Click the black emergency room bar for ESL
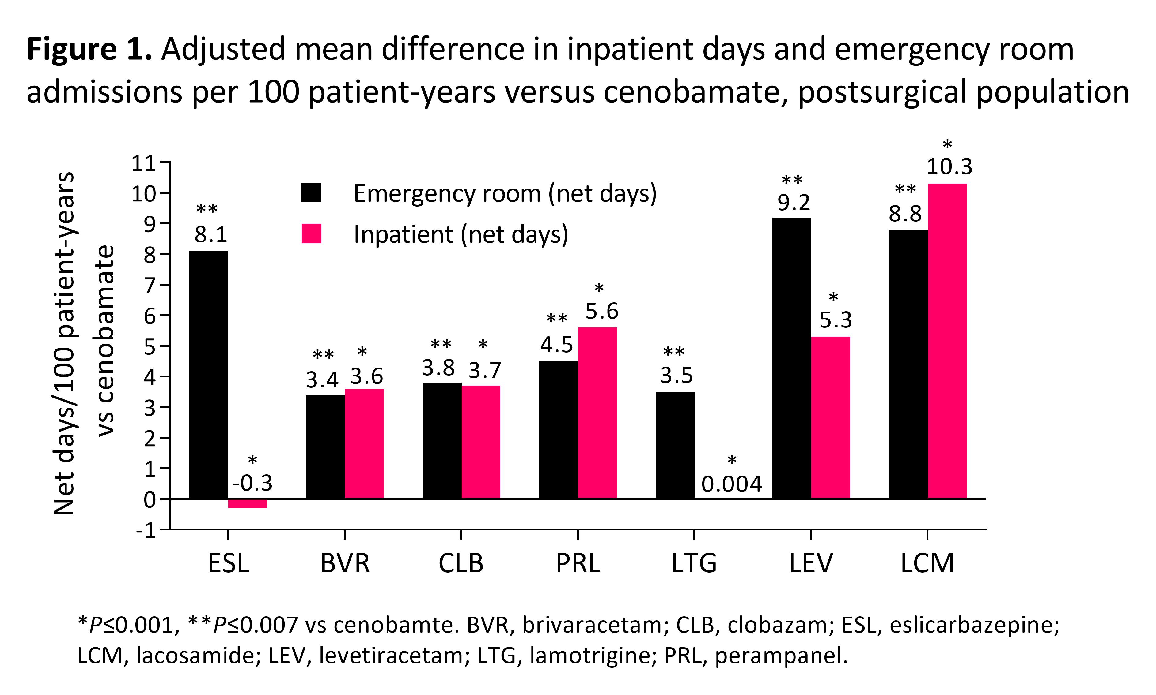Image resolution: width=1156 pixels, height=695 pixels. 209,375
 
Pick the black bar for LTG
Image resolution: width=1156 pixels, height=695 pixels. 675,445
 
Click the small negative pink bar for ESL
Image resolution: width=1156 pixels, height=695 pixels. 248,503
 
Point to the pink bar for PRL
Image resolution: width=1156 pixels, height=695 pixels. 597,413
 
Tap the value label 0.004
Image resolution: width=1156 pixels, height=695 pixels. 731,484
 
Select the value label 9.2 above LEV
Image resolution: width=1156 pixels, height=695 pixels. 794,202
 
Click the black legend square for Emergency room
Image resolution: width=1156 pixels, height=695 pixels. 311,192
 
